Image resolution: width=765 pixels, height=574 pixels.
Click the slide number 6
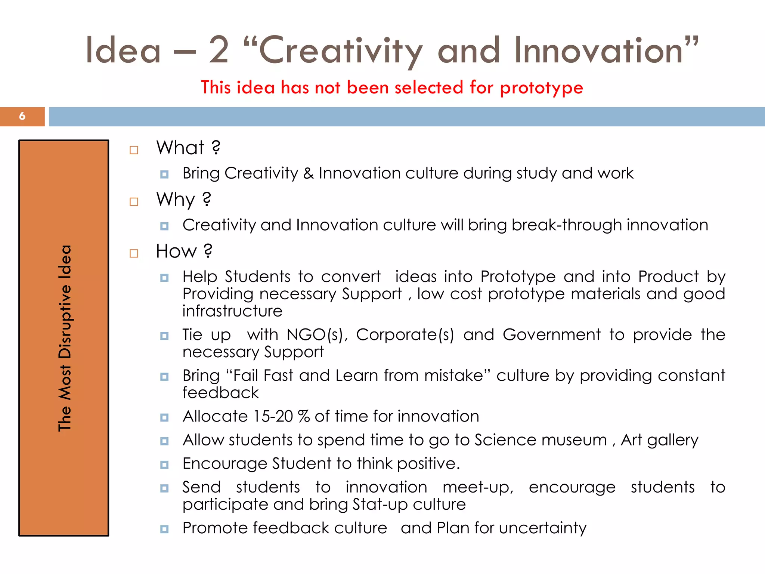click(x=22, y=116)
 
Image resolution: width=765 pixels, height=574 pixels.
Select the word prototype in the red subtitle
click(x=541, y=88)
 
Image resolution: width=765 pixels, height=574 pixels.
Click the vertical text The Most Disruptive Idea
click(x=65, y=338)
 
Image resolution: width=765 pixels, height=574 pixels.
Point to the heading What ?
click(x=188, y=148)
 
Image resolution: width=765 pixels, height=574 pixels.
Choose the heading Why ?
click(x=183, y=200)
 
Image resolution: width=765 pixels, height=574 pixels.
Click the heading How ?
click(x=184, y=251)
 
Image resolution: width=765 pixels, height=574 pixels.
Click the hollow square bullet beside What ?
click(x=134, y=150)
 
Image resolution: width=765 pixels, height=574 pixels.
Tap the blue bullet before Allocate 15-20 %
click(x=164, y=417)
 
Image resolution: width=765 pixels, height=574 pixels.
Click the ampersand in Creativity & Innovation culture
click(x=308, y=173)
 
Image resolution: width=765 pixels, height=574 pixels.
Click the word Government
click(x=551, y=335)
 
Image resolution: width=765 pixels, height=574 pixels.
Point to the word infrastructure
click(x=232, y=311)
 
